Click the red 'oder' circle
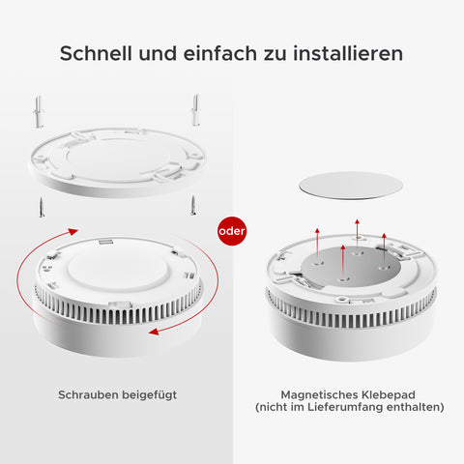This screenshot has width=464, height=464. [232, 231]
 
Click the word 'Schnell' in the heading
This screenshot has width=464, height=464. [96, 53]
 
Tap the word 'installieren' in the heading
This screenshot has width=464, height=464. [348, 53]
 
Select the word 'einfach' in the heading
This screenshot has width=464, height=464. [220, 53]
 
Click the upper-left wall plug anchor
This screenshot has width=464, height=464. [39, 111]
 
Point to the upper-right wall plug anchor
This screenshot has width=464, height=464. [195, 110]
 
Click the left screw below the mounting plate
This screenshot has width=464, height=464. [42, 207]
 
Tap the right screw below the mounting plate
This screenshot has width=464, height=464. [193, 205]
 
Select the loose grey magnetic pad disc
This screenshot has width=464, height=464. [351, 186]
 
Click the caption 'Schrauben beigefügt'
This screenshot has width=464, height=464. [118, 395]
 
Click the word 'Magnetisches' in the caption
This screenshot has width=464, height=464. [319, 394]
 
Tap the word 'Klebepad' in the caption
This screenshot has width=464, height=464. [389, 395]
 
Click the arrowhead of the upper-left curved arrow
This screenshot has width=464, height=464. [72, 231]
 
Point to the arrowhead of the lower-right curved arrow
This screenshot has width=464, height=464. [155, 332]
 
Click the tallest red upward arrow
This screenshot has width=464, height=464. [357, 234]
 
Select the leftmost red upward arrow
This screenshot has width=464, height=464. [317, 244]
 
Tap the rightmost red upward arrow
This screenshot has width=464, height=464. [384, 248]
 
